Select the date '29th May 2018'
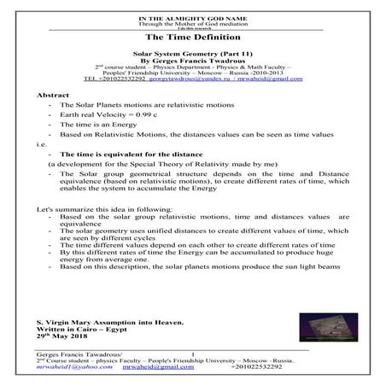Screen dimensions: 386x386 (x=60, y=334)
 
